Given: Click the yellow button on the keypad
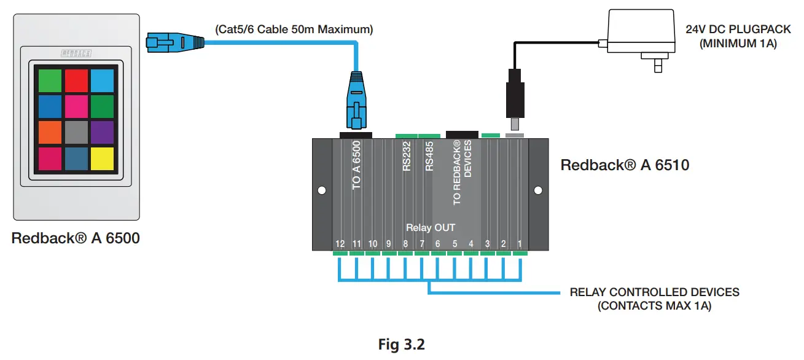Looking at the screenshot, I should click(102, 158).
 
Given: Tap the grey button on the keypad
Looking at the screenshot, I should click(77, 132).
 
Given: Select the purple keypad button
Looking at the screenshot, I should click(102, 132).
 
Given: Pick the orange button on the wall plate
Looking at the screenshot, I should click(50, 132).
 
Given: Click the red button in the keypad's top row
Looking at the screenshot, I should click(77, 80).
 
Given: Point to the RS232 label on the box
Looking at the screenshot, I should click(407, 158).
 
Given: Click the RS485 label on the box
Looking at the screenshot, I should click(429, 158).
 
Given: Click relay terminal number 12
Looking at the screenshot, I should click(340, 244).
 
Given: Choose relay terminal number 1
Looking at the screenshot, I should click(519, 244).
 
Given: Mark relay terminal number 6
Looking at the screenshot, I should click(437, 244).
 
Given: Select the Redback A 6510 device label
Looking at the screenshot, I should click(625, 165).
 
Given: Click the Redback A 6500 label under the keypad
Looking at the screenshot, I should click(76, 238).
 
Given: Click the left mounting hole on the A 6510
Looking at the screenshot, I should click(321, 191).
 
